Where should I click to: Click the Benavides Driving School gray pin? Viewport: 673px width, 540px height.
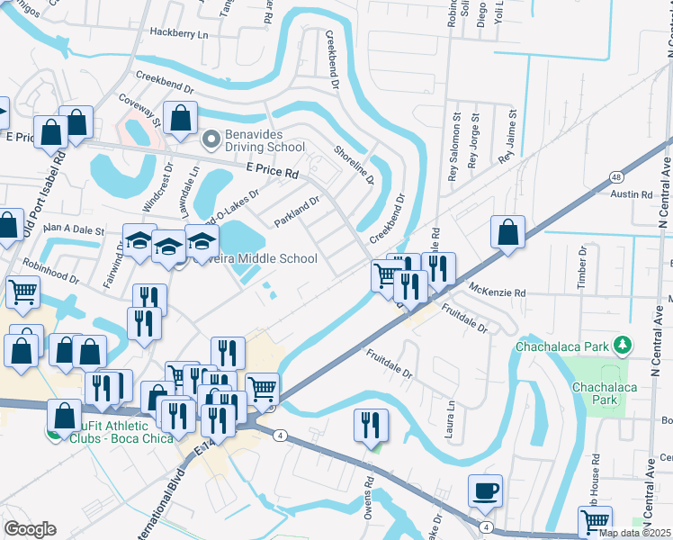click(x=211, y=139)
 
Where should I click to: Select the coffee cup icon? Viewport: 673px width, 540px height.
click(x=486, y=491)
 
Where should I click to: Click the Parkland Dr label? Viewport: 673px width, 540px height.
click(x=296, y=212)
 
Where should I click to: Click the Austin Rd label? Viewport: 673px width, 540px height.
click(x=631, y=194)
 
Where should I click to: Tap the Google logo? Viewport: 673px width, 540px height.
click(x=30, y=529)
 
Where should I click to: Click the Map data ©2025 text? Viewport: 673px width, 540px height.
click(x=634, y=533)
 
